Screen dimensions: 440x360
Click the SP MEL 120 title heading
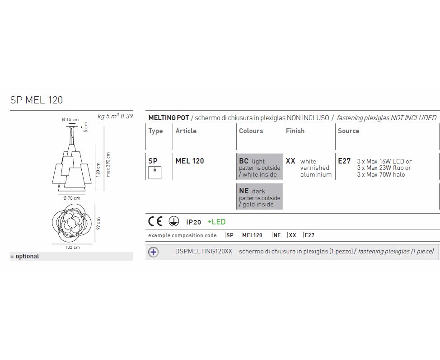pyautogui.click(x=37, y=100)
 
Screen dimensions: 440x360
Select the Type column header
pyautogui.click(x=155, y=131)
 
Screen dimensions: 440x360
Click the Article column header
pyautogui.click(x=186, y=131)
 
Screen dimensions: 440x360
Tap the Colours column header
pyautogui.click(x=251, y=131)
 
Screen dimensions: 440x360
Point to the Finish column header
pyautogui.click(x=295, y=131)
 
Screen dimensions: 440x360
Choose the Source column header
pyautogui.click(x=348, y=131)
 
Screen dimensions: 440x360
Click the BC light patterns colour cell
pyautogui.click(x=260, y=167)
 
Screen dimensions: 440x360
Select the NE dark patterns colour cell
pyautogui.click(x=260, y=196)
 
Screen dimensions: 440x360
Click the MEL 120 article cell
pyautogui.click(x=190, y=161)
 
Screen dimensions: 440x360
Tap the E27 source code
pyautogui.click(x=344, y=161)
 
